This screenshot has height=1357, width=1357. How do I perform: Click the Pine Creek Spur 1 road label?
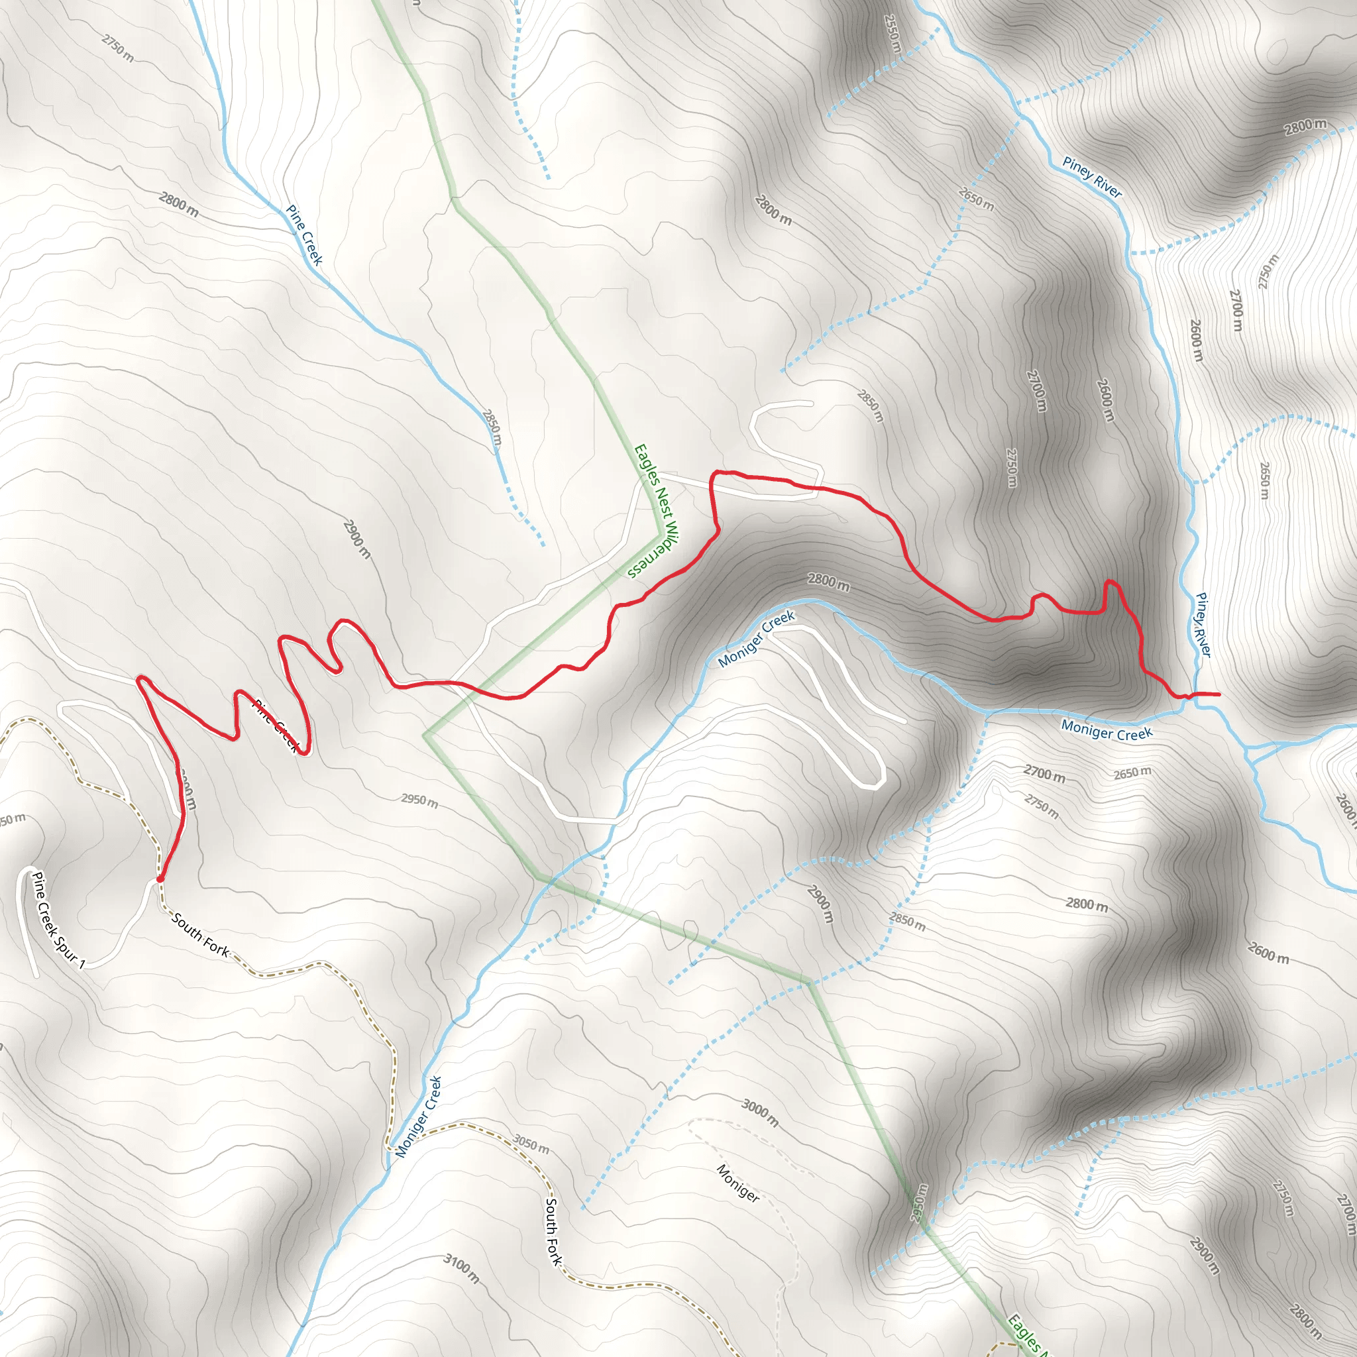(59, 921)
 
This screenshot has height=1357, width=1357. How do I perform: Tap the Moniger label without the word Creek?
(737, 1183)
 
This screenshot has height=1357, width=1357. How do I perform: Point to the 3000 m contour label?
(760, 1113)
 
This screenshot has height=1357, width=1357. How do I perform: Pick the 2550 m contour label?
(892, 34)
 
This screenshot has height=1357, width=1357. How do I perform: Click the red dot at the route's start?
(160, 879)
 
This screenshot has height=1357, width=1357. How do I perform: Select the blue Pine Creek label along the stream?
(304, 235)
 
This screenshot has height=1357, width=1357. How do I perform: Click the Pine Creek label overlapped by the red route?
(278, 726)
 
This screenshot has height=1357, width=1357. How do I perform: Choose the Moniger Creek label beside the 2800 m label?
(757, 639)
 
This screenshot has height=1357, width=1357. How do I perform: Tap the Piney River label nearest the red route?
(1203, 625)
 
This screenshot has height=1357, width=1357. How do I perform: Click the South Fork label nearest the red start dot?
(201, 935)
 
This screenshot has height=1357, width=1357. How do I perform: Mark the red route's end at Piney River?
(1217, 694)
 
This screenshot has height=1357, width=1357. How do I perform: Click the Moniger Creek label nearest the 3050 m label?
(418, 1116)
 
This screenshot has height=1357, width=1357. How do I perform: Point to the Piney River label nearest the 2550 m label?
(1091, 177)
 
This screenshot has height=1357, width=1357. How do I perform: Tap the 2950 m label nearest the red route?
(419, 800)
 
